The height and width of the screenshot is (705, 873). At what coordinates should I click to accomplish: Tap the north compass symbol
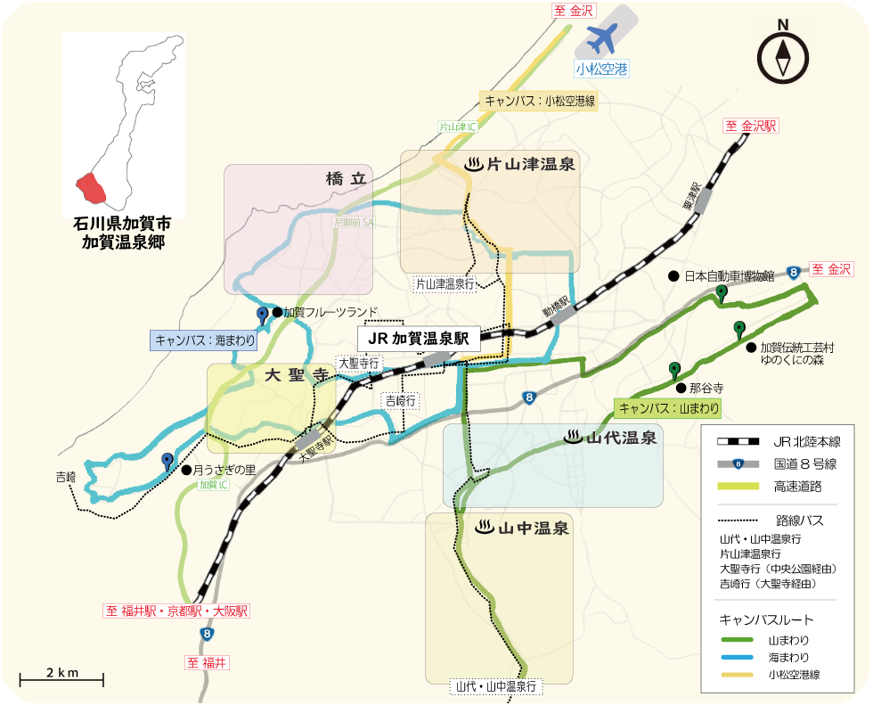coord(783,56)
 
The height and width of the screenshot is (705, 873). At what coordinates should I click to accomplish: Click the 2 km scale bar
coord(61,680)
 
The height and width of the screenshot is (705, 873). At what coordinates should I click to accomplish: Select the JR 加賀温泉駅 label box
coord(419,339)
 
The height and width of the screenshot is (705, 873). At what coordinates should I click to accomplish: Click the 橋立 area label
coord(347,179)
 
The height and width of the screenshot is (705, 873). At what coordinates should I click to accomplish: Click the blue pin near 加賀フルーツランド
coord(262,316)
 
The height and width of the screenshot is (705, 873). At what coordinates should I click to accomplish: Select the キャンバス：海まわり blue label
coord(205,340)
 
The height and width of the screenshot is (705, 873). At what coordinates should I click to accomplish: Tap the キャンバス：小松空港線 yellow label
coord(539,101)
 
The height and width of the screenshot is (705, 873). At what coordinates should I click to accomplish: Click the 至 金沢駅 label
coord(750,126)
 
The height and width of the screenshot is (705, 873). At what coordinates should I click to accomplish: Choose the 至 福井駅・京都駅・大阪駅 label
coord(177,611)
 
